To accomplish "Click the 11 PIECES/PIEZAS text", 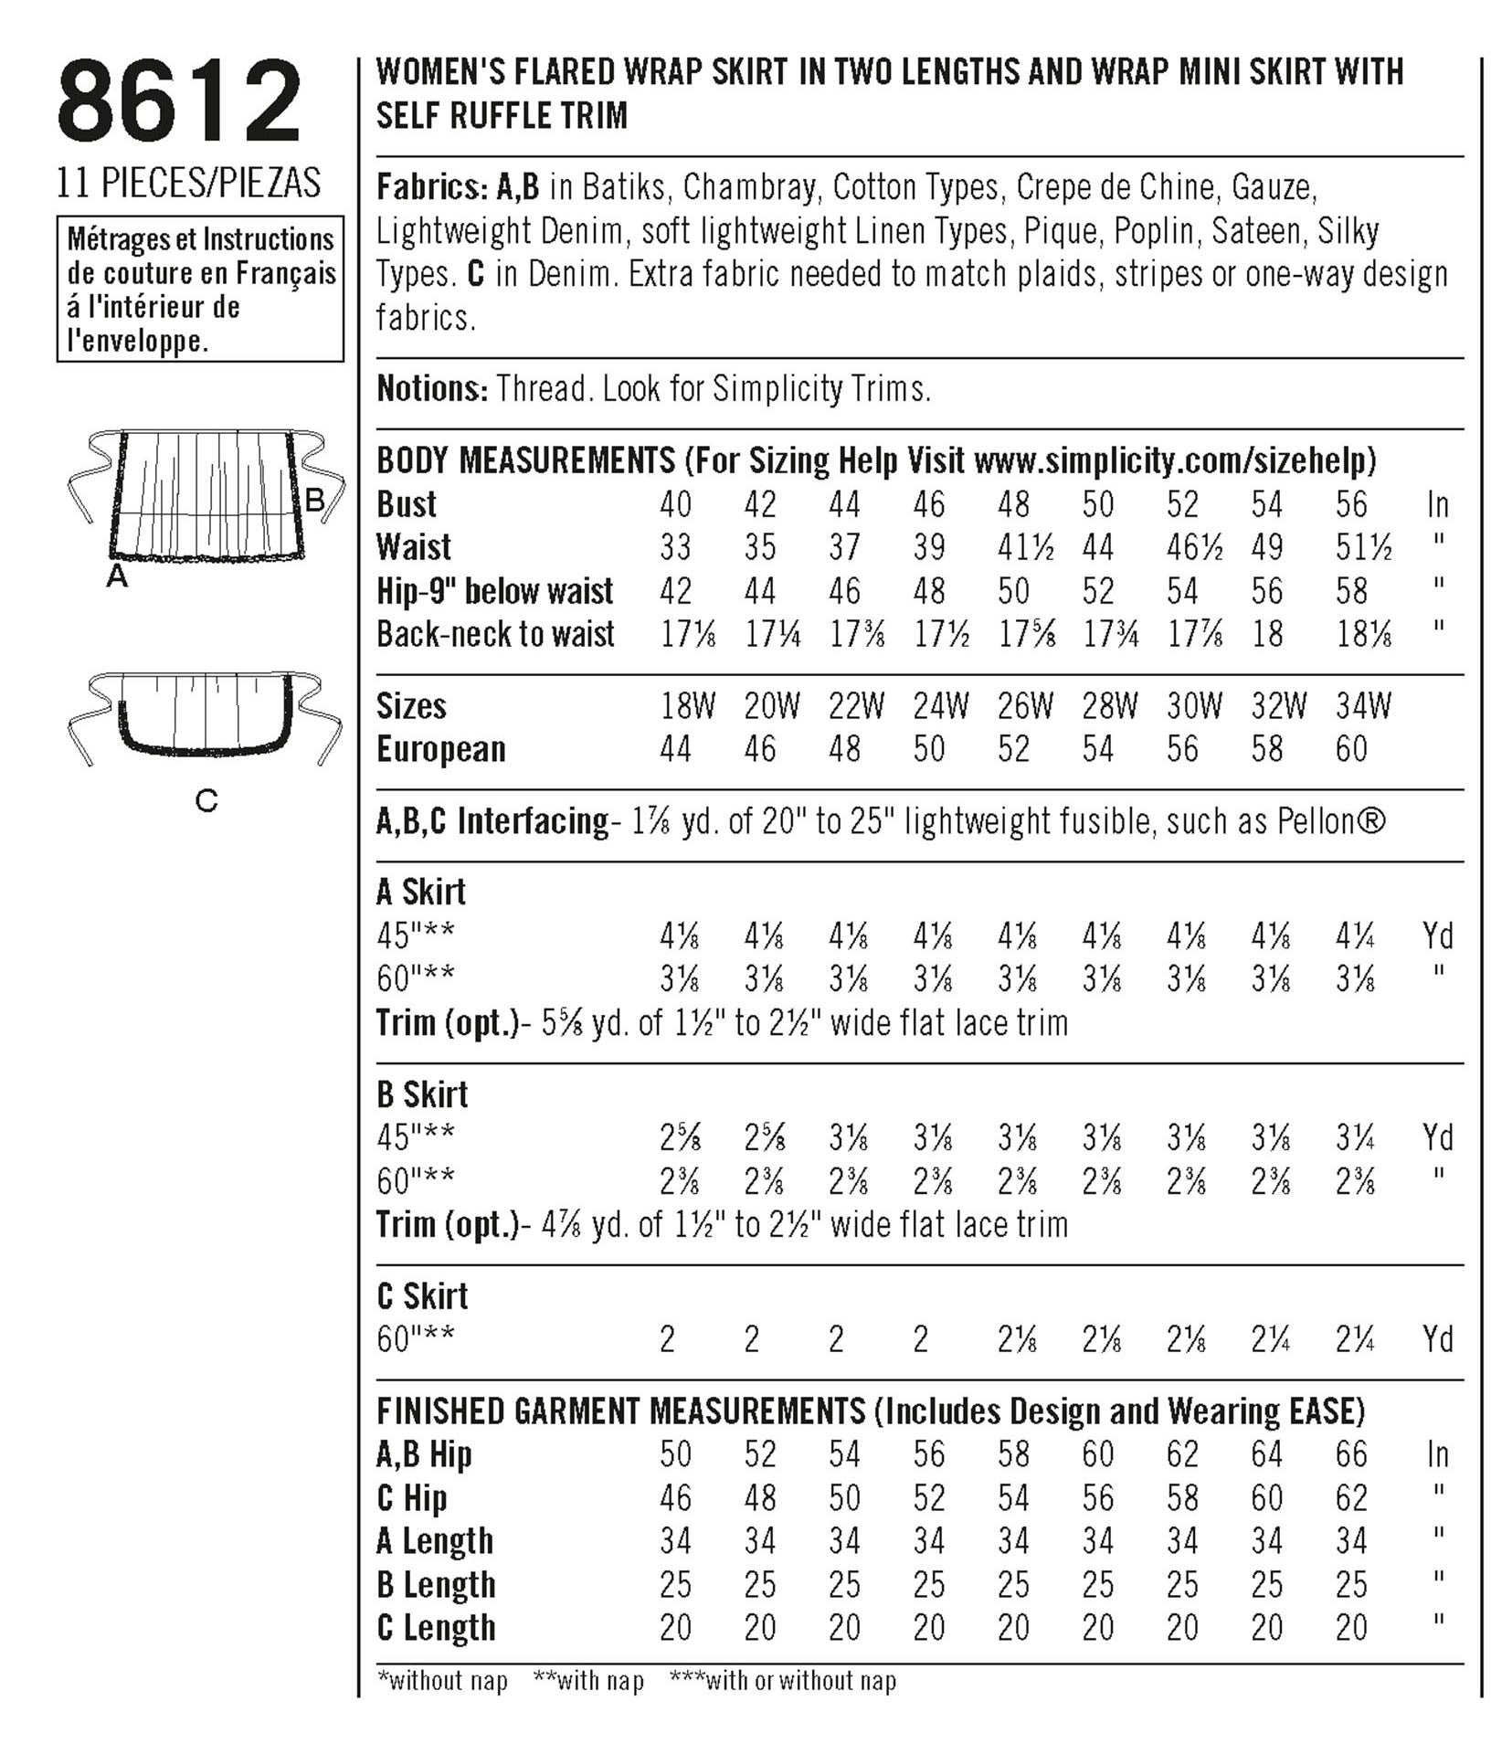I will point(188,183).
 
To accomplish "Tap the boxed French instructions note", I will point(200,290).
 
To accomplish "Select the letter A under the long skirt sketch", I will point(117,576).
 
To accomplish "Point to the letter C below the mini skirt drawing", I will point(206,801).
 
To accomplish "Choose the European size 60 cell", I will point(1350,749).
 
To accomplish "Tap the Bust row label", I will point(407,504).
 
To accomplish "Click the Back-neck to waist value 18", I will point(1266,634).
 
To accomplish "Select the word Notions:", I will point(432,389).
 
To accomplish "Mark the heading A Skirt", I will point(421,892).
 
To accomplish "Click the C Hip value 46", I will point(675,1498).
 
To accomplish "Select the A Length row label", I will point(435,1541).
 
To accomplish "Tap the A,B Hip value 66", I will point(1350,1454).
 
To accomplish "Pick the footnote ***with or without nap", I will point(783,1680).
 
